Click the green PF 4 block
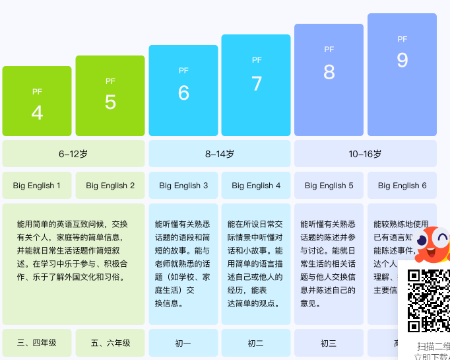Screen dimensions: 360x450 pos(37,101)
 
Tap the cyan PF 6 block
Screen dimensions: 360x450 pos(183,90)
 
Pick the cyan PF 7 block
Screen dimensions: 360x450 pos(256,85)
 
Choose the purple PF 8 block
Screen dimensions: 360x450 pos(329,80)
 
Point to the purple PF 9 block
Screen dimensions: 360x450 pos(402,75)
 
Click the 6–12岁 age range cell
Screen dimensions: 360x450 pos(73,154)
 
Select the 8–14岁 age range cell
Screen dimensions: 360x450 pos(220,154)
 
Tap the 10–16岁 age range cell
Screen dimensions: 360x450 pos(365,154)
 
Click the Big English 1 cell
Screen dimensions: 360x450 pos(37,186)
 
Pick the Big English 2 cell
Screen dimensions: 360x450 pos(110,186)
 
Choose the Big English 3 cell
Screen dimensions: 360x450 pos(183,186)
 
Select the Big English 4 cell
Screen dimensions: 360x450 pos(256,186)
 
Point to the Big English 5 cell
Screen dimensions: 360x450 pos(329,186)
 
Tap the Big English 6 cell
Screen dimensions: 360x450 pos(402,186)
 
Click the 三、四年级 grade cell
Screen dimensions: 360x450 pos(37,343)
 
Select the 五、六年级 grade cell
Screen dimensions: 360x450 pos(110,343)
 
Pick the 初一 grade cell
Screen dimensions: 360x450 pos(183,343)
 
